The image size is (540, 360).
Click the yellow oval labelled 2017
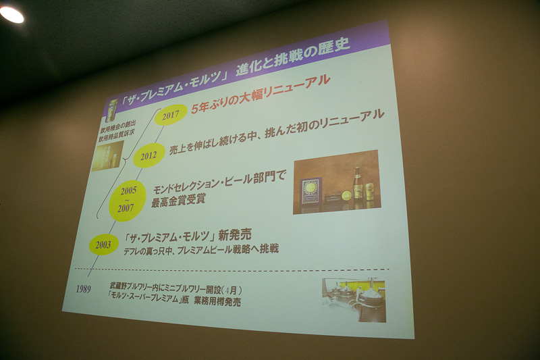click(171, 115)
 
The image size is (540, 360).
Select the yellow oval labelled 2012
click(148, 155)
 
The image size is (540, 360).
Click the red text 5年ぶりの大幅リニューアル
click(261, 89)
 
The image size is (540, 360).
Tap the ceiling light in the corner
click(11, 14)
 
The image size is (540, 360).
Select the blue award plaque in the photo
click(312, 191)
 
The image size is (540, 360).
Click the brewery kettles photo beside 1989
click(354, 298)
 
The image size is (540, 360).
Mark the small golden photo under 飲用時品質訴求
click(107, 155)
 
